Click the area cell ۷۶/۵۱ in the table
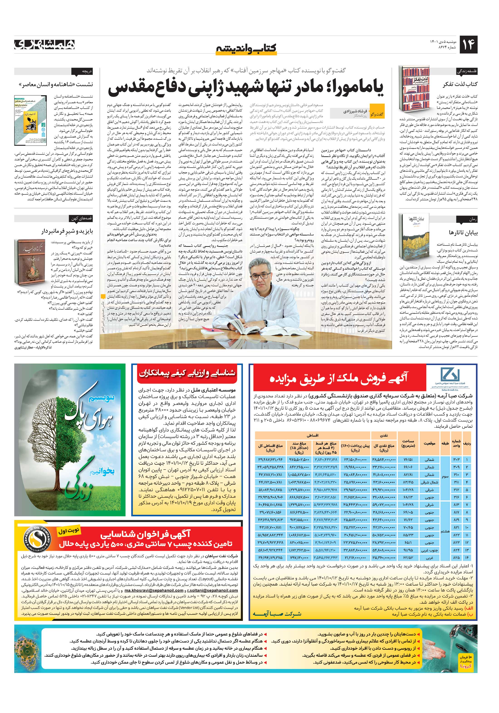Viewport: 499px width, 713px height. [408, 460]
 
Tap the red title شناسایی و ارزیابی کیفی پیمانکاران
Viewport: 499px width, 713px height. [187, 374]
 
